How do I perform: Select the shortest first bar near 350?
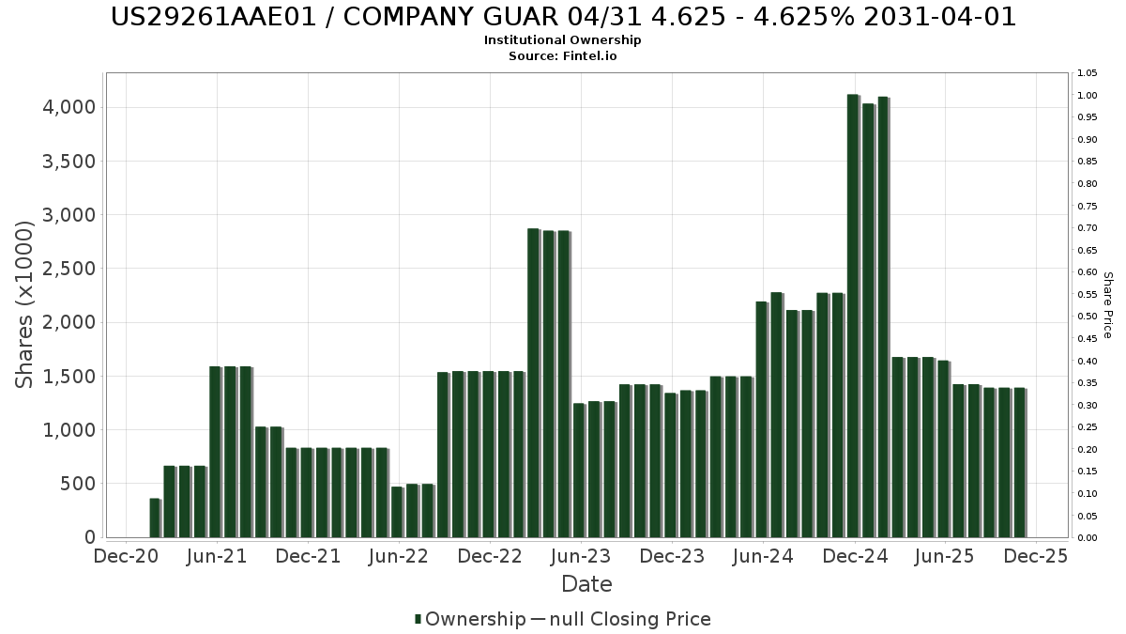click(x=155, y=518)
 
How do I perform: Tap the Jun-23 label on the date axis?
click(x=581, y=556)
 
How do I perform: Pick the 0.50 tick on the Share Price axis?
click(x=1088, y=317)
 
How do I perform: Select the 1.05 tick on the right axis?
click(x=1088, y=73)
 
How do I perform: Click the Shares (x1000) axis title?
click(x=25, y=304)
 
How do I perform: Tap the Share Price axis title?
click(x=1107, y=304)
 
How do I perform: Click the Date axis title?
click(x=586, y=584)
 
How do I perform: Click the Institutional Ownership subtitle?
click(x=563, y=39)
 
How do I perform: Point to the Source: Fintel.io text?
click(x=563, y=55)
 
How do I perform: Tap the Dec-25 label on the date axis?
click(x=1035, y=556)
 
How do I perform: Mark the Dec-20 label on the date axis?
click(x=126, y=556)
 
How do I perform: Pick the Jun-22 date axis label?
click(x=399, y=556)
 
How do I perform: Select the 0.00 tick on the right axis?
click(x=1088, y=537)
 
